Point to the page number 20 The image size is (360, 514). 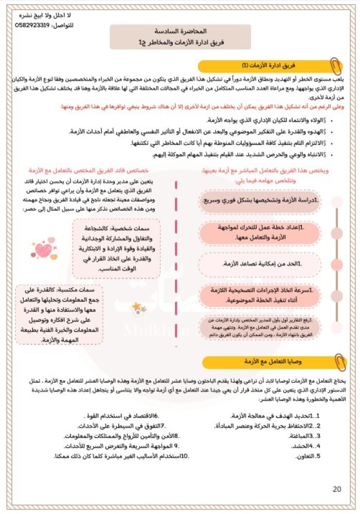[337, 489]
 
